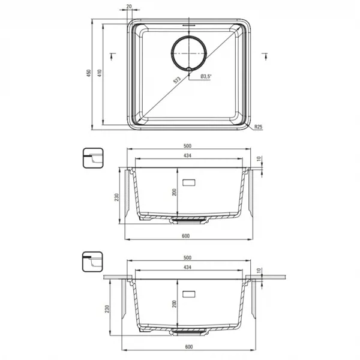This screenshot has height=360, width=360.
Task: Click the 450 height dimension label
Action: pos(89,73)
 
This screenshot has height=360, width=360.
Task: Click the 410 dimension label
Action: pos(100,73)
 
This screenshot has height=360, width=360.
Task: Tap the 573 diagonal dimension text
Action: pos(177,80)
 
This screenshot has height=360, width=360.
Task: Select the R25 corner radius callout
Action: pos(259,127)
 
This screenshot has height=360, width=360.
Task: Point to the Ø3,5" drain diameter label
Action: pos(206,76)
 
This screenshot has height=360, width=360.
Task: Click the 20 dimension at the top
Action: pos(129,7)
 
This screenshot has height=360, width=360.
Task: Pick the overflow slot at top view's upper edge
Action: pos(189,25)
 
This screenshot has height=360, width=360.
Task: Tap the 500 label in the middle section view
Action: pos(188,146)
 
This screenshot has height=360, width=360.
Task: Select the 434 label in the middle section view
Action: pos(188,155)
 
